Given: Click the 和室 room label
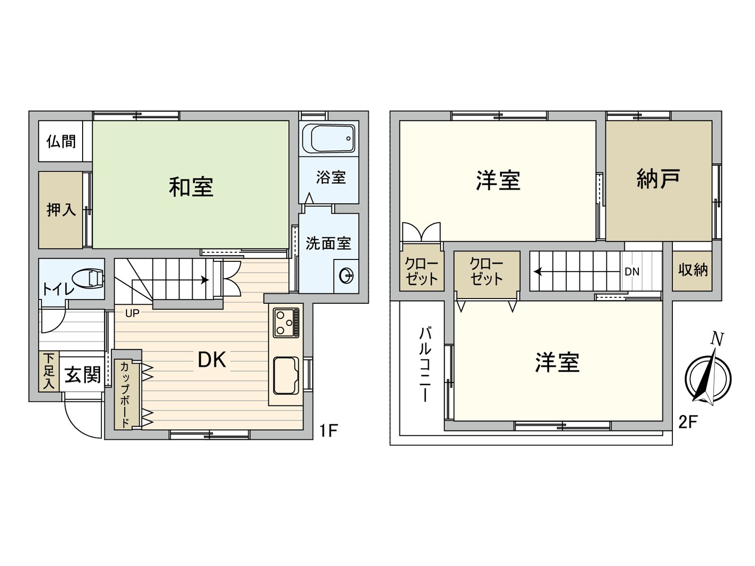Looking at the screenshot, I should (191, 187).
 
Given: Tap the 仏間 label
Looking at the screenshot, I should (61, 141).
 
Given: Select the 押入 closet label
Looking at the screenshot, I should (61, 209).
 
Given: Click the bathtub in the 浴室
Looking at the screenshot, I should (329, 138).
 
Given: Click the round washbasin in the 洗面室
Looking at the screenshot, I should (346, 275).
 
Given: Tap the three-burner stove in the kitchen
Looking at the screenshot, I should (286, 322).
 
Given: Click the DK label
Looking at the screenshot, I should (212, 360).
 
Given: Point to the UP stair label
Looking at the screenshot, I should (132, 313).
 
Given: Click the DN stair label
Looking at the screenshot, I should (632, 272).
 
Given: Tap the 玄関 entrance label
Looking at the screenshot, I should (83, 375).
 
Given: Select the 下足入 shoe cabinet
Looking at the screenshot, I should (49, 372).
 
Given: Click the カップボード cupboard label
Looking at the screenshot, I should (125, 395).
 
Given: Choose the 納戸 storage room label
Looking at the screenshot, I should (658, 179).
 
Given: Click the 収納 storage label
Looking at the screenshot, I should (693, 270).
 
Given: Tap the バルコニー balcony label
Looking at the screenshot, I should (425, 365).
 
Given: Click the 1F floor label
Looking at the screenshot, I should (328, 430).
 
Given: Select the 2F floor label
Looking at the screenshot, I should (688, 421).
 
